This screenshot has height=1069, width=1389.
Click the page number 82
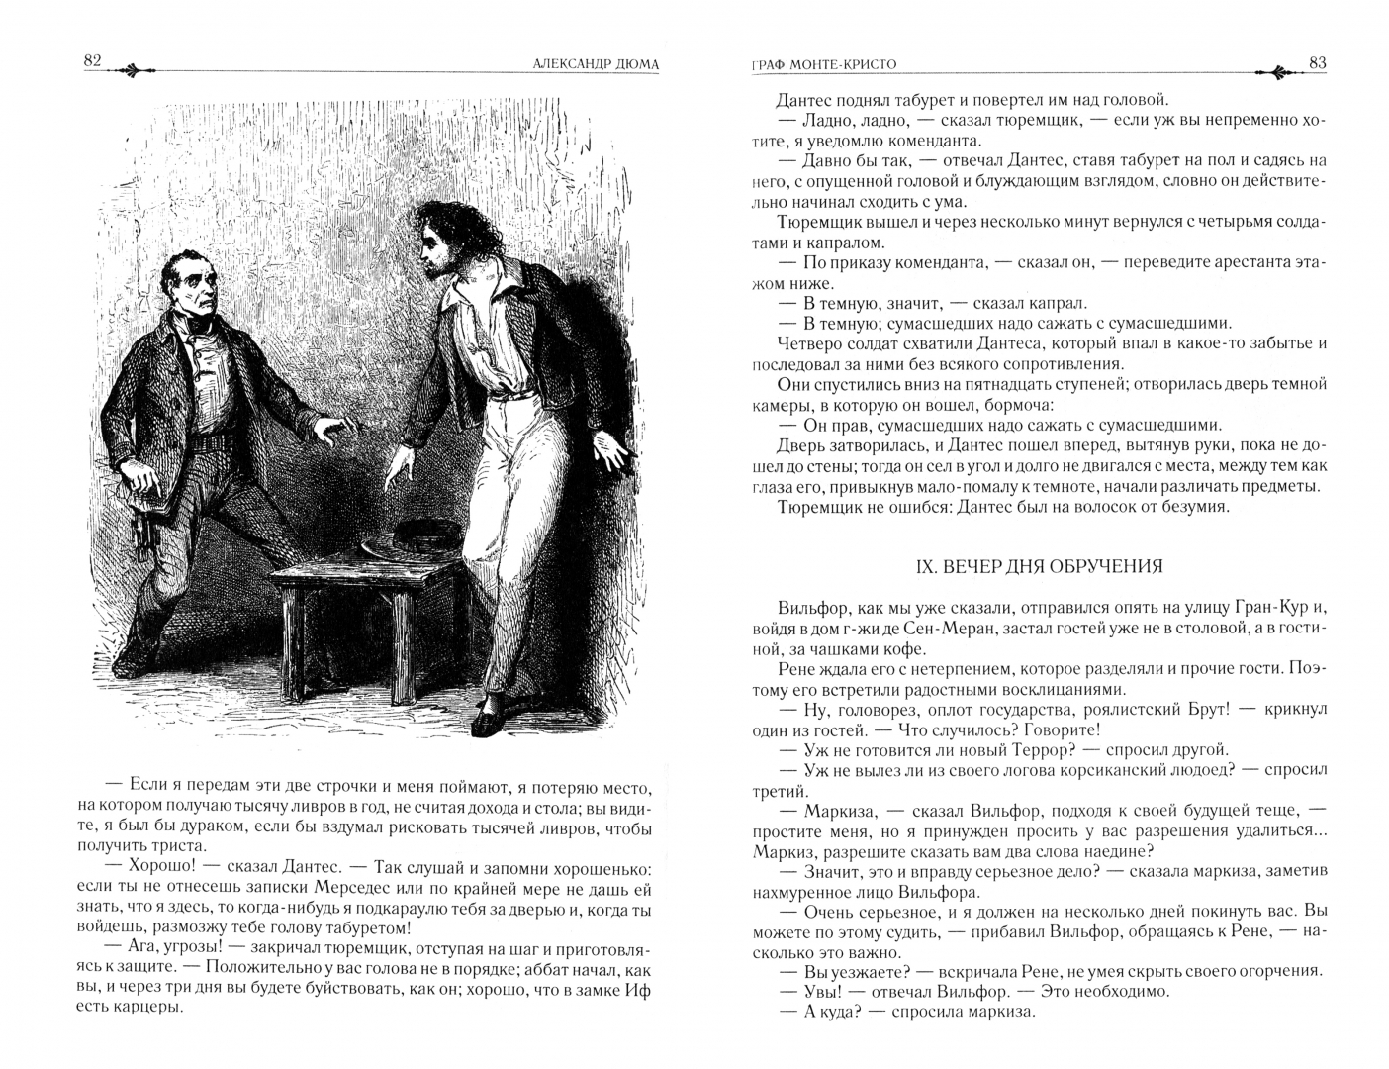[x=93, y=61]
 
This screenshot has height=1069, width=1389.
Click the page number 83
[x=1317, y=62]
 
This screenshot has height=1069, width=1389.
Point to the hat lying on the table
[x=401, y=542]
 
